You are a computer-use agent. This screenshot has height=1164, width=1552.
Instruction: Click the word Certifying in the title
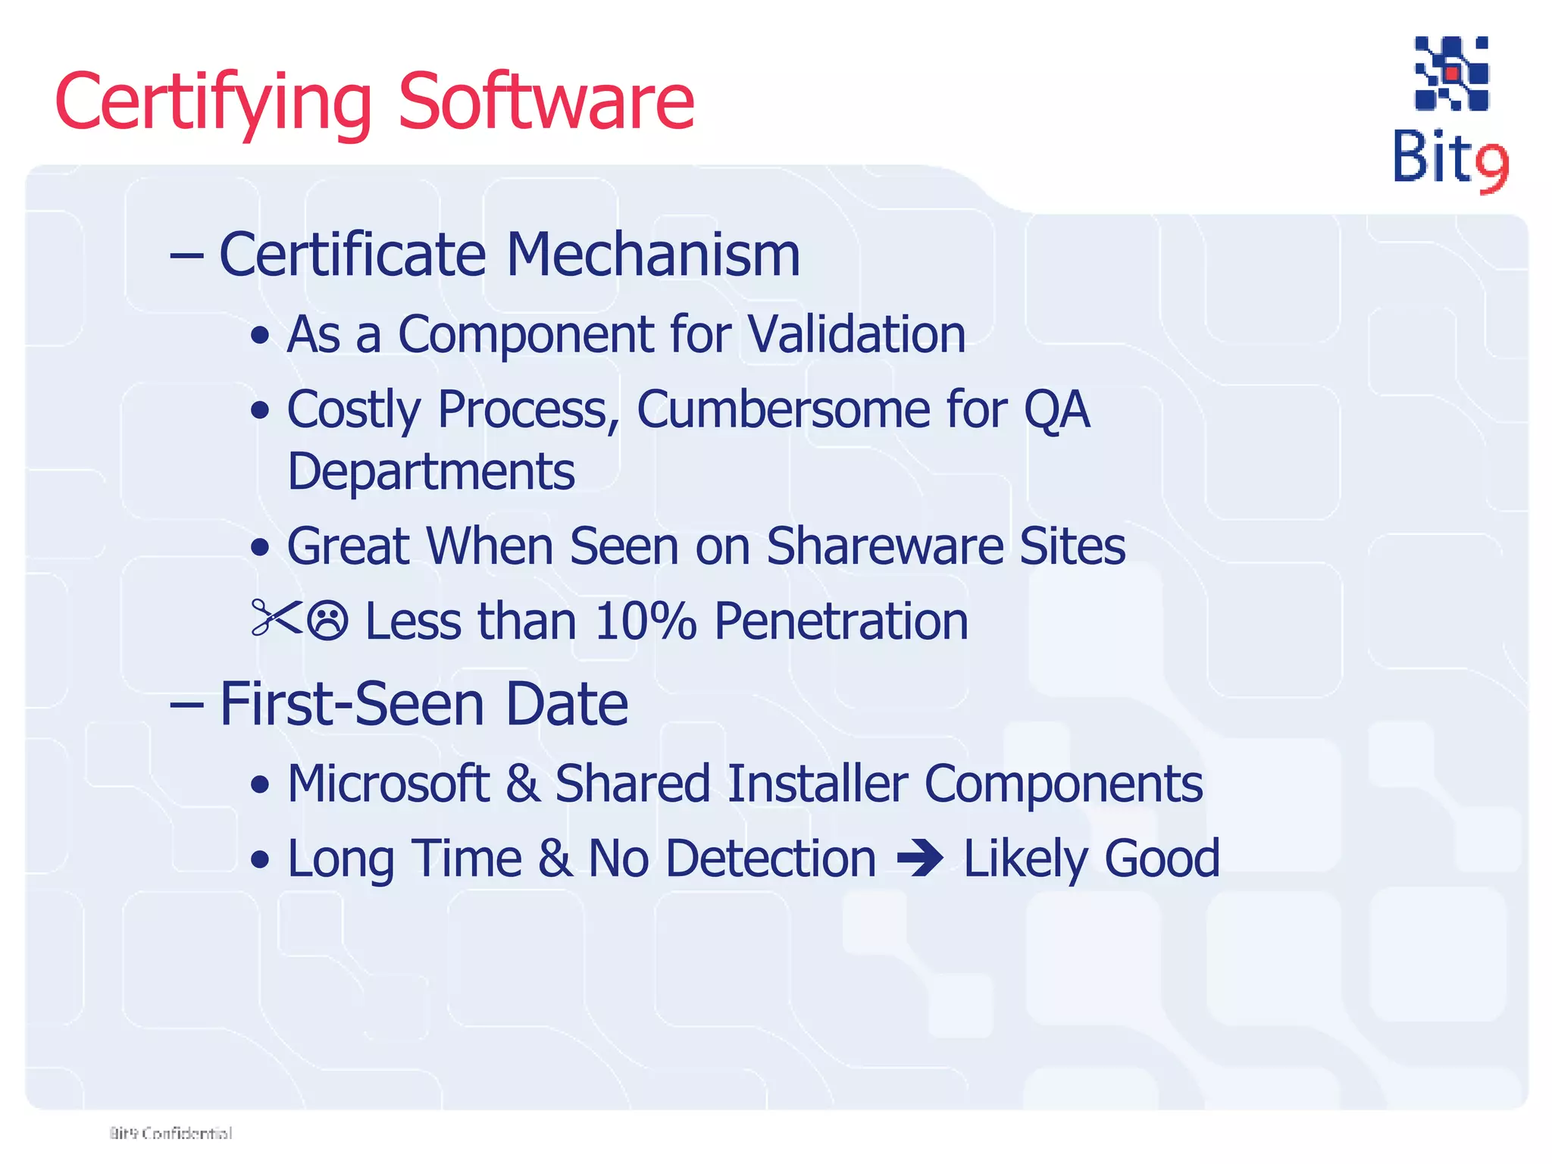[213, 102]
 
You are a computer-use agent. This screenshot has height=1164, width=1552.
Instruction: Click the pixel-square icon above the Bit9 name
[1451, 74]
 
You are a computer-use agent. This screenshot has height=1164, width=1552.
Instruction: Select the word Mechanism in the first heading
[652, 255]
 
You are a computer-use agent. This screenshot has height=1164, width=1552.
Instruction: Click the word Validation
[856, 334]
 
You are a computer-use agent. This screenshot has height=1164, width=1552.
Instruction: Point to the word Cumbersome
[783, 410]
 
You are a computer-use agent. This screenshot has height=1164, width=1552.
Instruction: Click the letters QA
[1056, 410]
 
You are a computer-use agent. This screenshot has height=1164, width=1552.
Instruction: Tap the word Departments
[431, 471]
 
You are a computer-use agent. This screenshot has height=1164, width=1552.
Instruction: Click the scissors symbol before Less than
[276, 618]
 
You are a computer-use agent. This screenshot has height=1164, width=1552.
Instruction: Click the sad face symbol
[328, 621]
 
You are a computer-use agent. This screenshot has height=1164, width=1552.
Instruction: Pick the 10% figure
[645, 621]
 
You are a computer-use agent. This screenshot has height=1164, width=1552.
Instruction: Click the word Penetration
[841, 621]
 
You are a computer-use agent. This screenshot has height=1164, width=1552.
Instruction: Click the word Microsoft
[388, 783]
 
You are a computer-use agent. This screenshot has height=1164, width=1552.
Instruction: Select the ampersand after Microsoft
[522, 783]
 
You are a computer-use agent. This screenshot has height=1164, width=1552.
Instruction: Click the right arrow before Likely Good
[919, 859]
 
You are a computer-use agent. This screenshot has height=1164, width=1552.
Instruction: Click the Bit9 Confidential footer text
[171, 1133]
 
